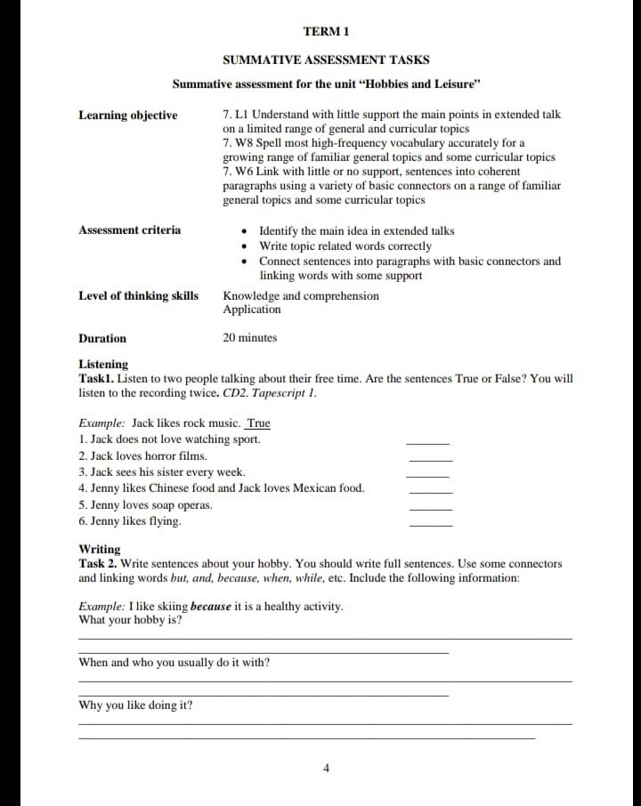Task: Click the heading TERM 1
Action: point(326,31)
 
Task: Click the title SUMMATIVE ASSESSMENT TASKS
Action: point(326,60)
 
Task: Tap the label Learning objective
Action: point(127,115)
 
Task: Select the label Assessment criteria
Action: point(129,230)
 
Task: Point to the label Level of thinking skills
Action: point(138,295)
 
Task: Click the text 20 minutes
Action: point(249,338)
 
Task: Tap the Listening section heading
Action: point(103,364)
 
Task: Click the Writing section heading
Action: point(100,549)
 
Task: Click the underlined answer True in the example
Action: point(258,423)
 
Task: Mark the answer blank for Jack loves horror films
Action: point(430,459)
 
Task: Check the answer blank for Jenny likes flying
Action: point(430,525)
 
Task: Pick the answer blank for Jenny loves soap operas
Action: point(430,508)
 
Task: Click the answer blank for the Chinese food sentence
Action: point(430,492)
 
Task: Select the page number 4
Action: point(326,768)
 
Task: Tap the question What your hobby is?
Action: point(131,620)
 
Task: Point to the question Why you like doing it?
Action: point(135,705)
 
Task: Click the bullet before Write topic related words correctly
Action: point(245,246)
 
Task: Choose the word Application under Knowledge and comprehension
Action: point(251,310)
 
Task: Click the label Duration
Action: point(102,338)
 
